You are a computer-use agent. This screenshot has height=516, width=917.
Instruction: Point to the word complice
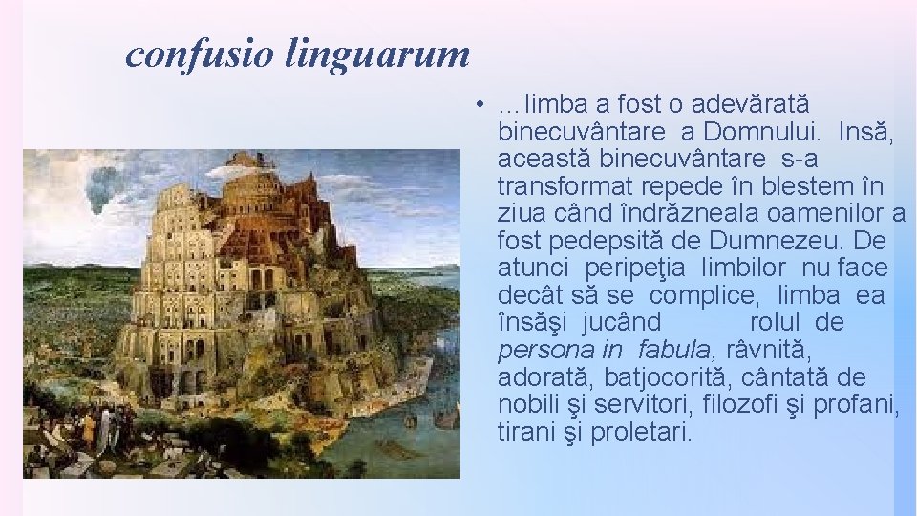[x=708, y=295]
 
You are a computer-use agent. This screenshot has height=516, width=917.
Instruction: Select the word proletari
[x=640, y=432]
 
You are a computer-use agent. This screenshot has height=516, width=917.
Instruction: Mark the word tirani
[x=524, y=432]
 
